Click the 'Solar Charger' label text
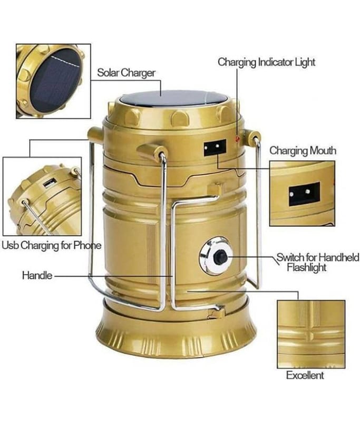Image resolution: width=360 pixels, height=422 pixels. pyautogui.click(x=126, y=73)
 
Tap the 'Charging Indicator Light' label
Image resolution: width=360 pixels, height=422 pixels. pyautogui.click(x=266, y=62)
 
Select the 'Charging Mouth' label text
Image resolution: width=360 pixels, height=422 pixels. pyautogui.click(x=303, y=151)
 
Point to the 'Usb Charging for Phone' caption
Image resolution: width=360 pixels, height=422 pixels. pyautogui.click(x=51, y=245)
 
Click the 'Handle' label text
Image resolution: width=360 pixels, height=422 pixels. pyautogui.click(x=37, y=275)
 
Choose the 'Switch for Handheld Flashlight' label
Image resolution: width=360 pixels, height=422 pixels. pyautogui.click(x=317, y=262)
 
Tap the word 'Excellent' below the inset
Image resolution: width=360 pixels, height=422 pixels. pyautogui.click(x=305, y=375)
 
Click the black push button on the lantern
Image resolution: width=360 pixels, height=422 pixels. pyautogui.click(x=220, y=257)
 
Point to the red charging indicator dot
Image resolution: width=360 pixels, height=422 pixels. pyautogui.click(x=237, y=139)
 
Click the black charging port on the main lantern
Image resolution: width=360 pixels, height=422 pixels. pyautogui.click(x=215, y=148)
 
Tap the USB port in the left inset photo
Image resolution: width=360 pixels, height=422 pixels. pyautogui.click(x=50, y=183)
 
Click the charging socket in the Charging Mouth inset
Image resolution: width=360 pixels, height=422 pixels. pyautogui.click(x=304, y=194)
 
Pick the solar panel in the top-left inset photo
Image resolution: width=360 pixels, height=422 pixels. pyautogui.click(x=56, y=80)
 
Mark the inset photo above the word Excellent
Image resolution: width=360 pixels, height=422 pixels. pyautogui.click(x=311, y=334)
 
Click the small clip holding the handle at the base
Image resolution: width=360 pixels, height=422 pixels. pyautogui.click(x=217, y=312)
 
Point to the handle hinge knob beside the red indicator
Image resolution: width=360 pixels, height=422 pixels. pyautogui.click(x=251, y=137)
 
